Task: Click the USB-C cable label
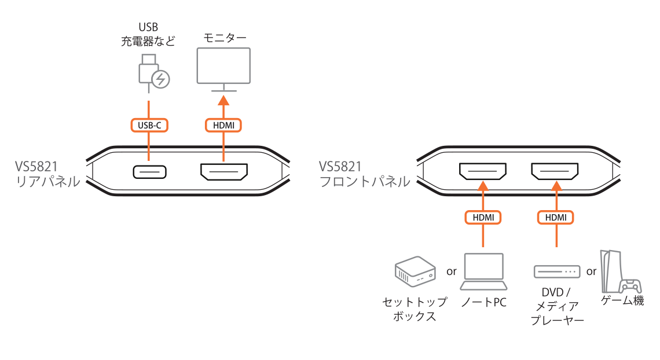click(149, 124)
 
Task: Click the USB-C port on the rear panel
click(149, 172)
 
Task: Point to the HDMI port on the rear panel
click(223, 172)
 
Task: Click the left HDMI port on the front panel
click(482, 171)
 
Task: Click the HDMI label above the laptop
click(483, 217)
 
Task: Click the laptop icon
click(483, 273)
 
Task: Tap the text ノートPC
click(483, 302)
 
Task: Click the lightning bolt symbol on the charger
click(161, 79)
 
